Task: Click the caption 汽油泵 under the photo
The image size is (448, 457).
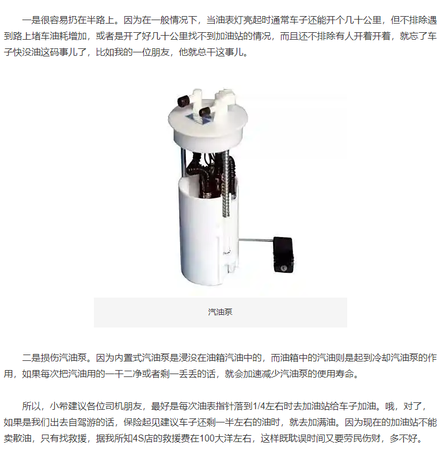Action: (x=220, y=312)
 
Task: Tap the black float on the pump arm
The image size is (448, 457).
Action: (x=283, y=255)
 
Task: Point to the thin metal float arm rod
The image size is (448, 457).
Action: (x=256, y=240)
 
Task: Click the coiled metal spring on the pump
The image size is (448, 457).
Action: (x=226, y=186)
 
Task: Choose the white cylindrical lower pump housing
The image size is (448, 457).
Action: (x=208, y=230)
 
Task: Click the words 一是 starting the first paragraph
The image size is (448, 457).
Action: (x=31, y=20)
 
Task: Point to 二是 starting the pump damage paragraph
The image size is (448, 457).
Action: (x=31, y=357)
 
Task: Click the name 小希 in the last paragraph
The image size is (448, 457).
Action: (x=59, y=406)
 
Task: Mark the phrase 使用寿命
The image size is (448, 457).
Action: (x=335, y=374)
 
